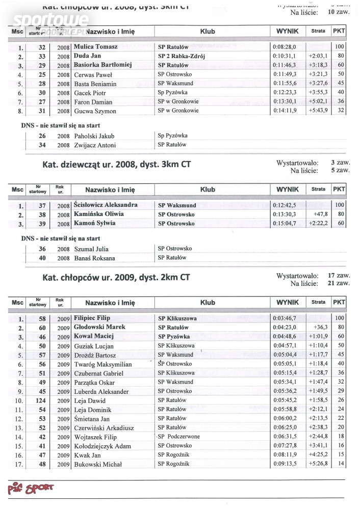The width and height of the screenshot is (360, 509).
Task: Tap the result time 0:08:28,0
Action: click(286, 46)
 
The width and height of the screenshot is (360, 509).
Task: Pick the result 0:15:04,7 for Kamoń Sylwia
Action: click(286, 223)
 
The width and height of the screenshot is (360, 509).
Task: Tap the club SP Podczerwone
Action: click(179, 437)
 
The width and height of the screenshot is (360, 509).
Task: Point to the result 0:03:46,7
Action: click(286, 318)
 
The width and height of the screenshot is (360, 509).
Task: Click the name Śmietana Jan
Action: click(92, 418)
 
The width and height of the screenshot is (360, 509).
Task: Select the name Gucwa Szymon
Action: click(95, 111)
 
